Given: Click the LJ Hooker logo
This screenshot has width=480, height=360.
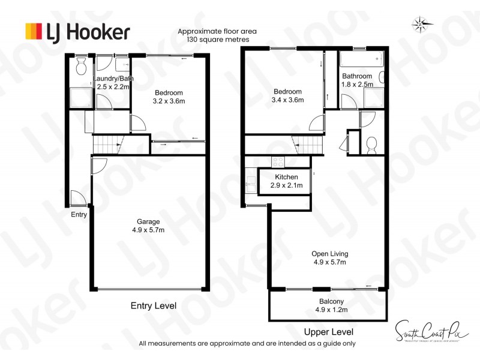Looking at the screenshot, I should click(77, 31).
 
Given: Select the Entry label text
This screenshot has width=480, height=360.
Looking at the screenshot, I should click(79, 214).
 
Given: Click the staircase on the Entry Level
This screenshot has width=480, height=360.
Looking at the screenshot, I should click(107, 145).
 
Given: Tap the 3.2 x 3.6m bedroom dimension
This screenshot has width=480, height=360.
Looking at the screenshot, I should click(169, 101).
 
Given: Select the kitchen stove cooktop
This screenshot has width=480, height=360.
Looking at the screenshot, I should click(278, 161).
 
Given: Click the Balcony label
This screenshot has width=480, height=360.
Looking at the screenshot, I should click(327, 301).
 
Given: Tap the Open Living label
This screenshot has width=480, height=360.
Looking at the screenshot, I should click(329, 253).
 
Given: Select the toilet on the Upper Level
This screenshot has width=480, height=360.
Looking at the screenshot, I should click(371, 144).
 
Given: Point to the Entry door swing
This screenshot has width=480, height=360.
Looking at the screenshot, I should click(77, 197).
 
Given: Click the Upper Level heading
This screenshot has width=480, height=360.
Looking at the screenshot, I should click(328, 332).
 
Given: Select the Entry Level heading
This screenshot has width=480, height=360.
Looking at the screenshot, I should click(154, 305).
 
